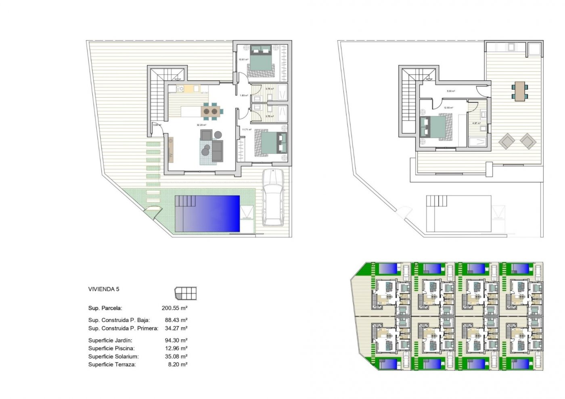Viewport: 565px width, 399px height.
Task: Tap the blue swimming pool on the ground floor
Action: click(x=207, y=214)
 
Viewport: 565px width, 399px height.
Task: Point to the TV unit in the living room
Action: click(x=171, y=150)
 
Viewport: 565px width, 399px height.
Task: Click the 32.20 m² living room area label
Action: click(x=201, y=125)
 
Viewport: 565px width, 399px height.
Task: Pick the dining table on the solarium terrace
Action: click(x=520, y=91)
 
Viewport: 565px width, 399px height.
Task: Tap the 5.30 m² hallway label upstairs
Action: click(x=451, y=91)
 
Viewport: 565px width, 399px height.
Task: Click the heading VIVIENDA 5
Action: click(x=104, y=289)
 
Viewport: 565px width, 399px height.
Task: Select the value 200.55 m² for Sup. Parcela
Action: click(x=174, y=308)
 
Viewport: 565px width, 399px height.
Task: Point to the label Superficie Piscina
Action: click(x=111, y=349)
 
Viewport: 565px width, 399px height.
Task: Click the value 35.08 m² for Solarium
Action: click(x=176, y=357)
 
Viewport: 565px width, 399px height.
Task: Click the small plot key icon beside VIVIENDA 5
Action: click(x=186, y=293)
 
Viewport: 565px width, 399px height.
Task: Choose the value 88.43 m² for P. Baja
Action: click(x=176, y=320)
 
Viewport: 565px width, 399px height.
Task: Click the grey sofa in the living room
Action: click(x=218, y=151)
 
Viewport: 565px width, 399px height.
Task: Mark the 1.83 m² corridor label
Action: click(x=244, y=96)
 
